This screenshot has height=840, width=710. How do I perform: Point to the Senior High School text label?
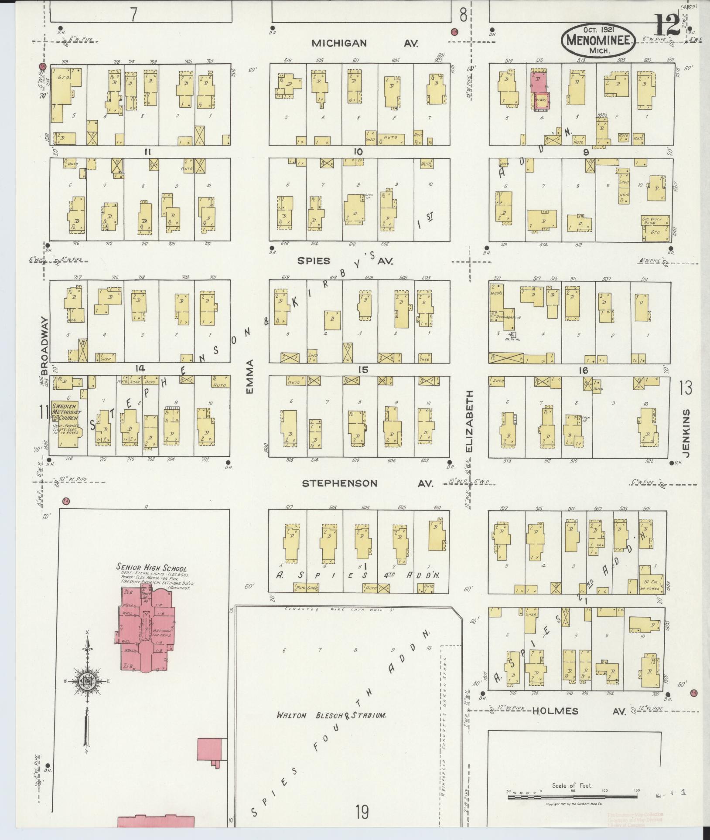[151, 568]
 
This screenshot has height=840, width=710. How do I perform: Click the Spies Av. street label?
[345, 261]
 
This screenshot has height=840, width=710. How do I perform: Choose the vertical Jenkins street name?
[686, 432]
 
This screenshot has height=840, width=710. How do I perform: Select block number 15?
[363, 370]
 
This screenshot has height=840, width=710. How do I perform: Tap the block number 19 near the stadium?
[362, 812]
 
